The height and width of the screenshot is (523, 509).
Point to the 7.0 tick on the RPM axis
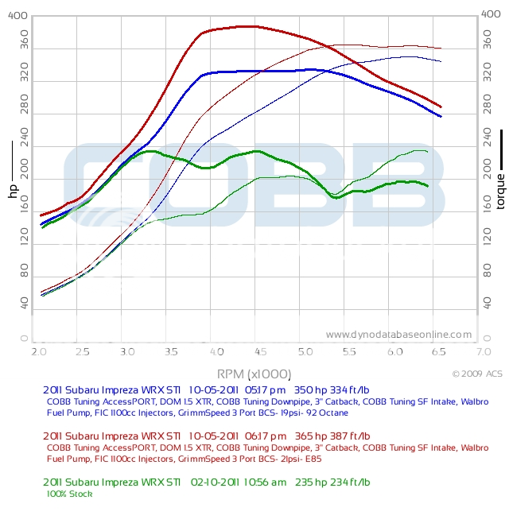point(484,351)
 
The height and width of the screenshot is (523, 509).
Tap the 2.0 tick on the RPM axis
point(37,351)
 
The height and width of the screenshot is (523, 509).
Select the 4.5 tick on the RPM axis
point(260,351)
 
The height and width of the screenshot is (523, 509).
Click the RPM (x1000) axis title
point(254,374)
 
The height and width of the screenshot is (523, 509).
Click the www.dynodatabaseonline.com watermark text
point(398,335)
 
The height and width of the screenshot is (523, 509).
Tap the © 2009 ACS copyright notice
point(477,373)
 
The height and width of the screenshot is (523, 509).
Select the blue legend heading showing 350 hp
point(206,390)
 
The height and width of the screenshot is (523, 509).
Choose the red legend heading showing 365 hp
point(206,436)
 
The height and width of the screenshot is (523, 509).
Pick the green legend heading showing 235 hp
point(206,482)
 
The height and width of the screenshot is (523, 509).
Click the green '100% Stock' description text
point(70,494)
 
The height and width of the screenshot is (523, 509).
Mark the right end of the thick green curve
point(428,186)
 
